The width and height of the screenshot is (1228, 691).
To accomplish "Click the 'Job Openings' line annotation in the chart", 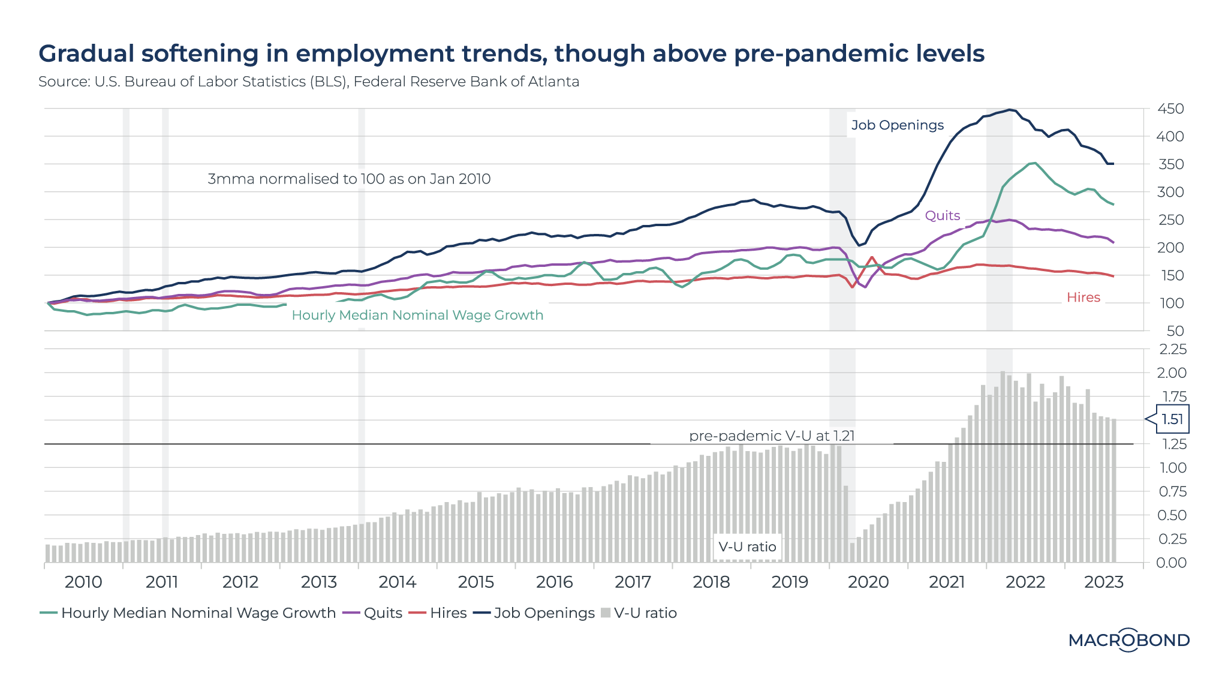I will pyautogui.click(x=897, y=125).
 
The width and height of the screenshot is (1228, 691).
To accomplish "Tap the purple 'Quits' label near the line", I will pyautogui.click(x=942, y=215).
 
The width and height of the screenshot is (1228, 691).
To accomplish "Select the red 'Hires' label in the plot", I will pyautogui.click(x=1083, y=297).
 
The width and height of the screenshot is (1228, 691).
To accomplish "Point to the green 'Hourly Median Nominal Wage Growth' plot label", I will pyautogui.click(x=417, y=315).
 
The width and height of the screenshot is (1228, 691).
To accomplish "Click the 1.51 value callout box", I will pyautogui.click(x=1172, y=419).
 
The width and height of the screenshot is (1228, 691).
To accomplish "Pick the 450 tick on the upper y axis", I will pyautogui.click(x=1170, y=109).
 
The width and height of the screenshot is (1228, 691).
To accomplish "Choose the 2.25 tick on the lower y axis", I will pyautogui.click(x=1173, y=349).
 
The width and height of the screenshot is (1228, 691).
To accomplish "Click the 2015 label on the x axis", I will pyautogui.click(x=475, y=582).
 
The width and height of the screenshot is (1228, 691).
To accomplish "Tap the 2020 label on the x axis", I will pyautogui.click(x=868, y=582).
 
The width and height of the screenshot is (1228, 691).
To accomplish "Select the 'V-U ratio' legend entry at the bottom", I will pyautogui.click(x=639, y=613).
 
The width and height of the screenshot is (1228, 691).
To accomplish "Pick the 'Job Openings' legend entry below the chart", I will pyautogui.click(x=535, y=613).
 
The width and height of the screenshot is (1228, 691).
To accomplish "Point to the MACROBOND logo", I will pyautogui.click(x=1128, y=640).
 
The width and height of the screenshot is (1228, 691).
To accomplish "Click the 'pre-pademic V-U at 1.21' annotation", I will pyautogui.click(x=772, y=435).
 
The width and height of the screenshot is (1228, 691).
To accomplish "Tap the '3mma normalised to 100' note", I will pyautogui.click(x=349, y=179).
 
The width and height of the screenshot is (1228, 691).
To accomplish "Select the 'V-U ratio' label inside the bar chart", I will pyautogui.click(x=747, y=546).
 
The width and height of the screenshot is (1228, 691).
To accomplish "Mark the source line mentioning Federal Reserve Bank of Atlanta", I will pyautogui.click(x=466, y=82).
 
